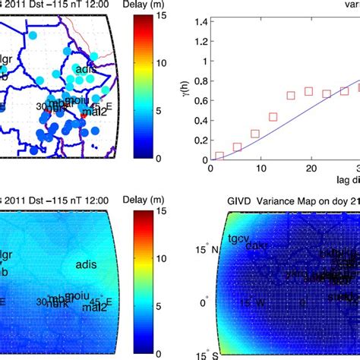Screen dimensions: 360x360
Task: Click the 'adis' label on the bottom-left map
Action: coord(87,264)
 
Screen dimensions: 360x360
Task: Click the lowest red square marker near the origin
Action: coord(219,156)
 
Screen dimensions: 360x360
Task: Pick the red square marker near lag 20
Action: coord(308,91)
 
